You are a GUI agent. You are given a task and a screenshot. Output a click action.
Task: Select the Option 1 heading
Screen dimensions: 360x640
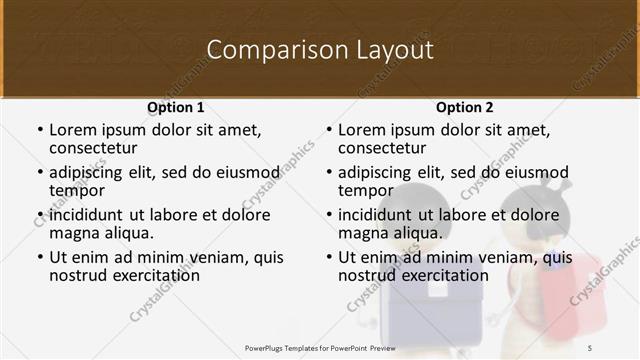pyautogui.click(x=175, y=106)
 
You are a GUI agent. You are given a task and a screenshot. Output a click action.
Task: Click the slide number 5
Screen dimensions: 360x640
pyautogui.click(x=589, y=347)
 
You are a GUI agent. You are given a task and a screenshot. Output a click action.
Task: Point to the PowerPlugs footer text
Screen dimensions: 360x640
pyautogui.click(x=321, y=347)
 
